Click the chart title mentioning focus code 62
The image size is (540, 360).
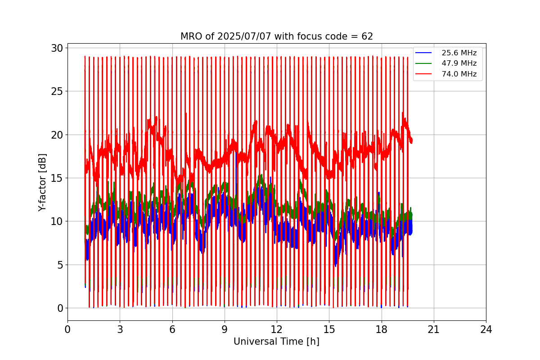tap(277, 36)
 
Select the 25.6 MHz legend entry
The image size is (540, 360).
tap(446, 53)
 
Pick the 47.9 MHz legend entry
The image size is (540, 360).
tap(446, 63)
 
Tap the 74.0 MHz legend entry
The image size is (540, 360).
tap(446, 74)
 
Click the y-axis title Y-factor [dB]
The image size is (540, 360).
tap(42, 183)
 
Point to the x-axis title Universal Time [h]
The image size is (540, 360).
tap(276, 342)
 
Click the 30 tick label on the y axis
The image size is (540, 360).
tap(57, 48)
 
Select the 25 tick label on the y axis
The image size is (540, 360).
tap(57, 91)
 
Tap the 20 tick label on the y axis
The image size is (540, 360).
tap(57, 135)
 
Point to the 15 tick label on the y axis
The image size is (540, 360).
tap(57, 178)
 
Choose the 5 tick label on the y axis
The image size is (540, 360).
tap(60, 265)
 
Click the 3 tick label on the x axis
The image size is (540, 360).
tap(120, 329)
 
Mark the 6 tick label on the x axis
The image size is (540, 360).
tap(172, 329)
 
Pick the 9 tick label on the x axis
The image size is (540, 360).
tap(225, 329)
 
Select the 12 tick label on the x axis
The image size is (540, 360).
tap(277, 329)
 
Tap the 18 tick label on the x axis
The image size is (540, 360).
tap(382, 329)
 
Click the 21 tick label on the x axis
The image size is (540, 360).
tap(434, 329)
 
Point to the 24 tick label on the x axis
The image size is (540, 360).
tap(486, 329)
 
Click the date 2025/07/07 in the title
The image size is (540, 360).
tap(244, 36)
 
